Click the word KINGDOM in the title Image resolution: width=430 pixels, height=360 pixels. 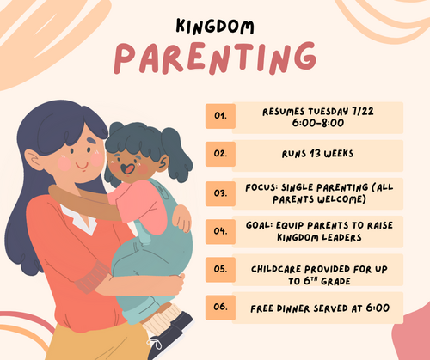point(215,27)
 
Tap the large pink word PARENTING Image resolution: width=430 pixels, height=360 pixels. point(215,58)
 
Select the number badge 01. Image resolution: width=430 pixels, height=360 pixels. point(220,116)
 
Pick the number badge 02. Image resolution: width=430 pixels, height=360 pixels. point(220,154)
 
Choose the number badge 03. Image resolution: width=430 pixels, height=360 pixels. point(220,193)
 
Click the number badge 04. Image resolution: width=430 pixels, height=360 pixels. point(220,231)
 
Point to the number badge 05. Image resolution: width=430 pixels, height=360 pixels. point(220,270)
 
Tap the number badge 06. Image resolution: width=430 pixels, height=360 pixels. point(220,308)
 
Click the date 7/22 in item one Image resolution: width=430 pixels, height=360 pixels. point(363,111)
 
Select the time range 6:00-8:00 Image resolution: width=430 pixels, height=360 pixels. point(318,123)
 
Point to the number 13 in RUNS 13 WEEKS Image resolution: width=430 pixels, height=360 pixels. point(315,154)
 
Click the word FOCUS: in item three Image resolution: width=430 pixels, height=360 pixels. point(261,187)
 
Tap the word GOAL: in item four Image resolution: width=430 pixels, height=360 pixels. point(259,225)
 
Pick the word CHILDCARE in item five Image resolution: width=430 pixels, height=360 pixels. point(276,269)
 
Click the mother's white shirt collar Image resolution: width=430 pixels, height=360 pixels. point(81,220)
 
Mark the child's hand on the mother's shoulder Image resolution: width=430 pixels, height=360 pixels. point(182,218)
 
